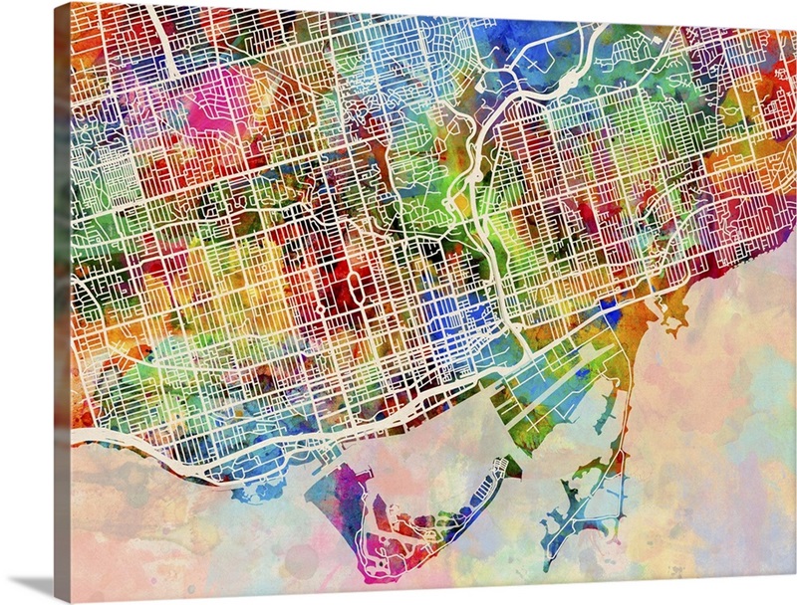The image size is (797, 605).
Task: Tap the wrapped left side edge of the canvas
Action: coord(62,299)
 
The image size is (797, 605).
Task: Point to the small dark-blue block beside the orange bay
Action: coord(610,315)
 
